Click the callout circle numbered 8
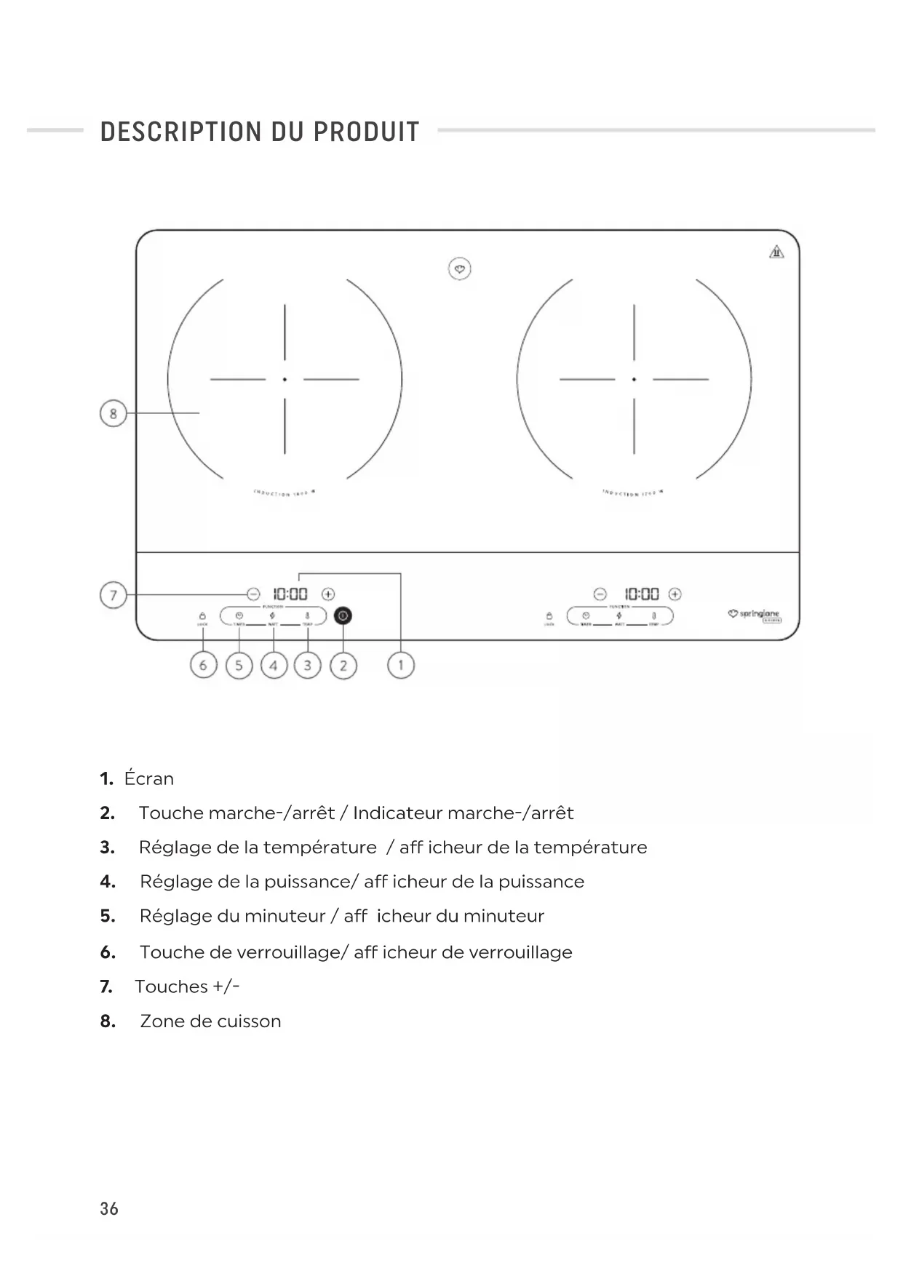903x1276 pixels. [x=113, y=413]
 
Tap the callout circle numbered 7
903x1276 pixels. [x=113, y=596]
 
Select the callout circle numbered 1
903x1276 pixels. [x=400, y=665]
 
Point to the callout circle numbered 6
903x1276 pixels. [x=203, y=665]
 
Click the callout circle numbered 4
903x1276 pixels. [x=274, y=665]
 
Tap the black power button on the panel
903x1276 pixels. [x=343, y=616]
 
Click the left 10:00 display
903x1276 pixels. [x=290, y=594]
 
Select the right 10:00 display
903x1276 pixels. [x=642, y=594]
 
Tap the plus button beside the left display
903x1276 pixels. [x=328, y=594]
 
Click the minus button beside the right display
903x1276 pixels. [x=600, y=594]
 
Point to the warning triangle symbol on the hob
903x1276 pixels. [x=776, y=252]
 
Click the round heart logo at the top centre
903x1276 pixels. [x=459, y=269]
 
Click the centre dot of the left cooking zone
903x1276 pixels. [x=285, y=379]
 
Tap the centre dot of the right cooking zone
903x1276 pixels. [x=634, y=379]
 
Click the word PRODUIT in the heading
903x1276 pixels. [x=366, y=132]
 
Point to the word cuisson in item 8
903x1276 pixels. [x=249, y=1021]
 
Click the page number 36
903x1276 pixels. [x=109, y=1208]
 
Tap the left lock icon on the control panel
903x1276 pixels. [x=202, y=616]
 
